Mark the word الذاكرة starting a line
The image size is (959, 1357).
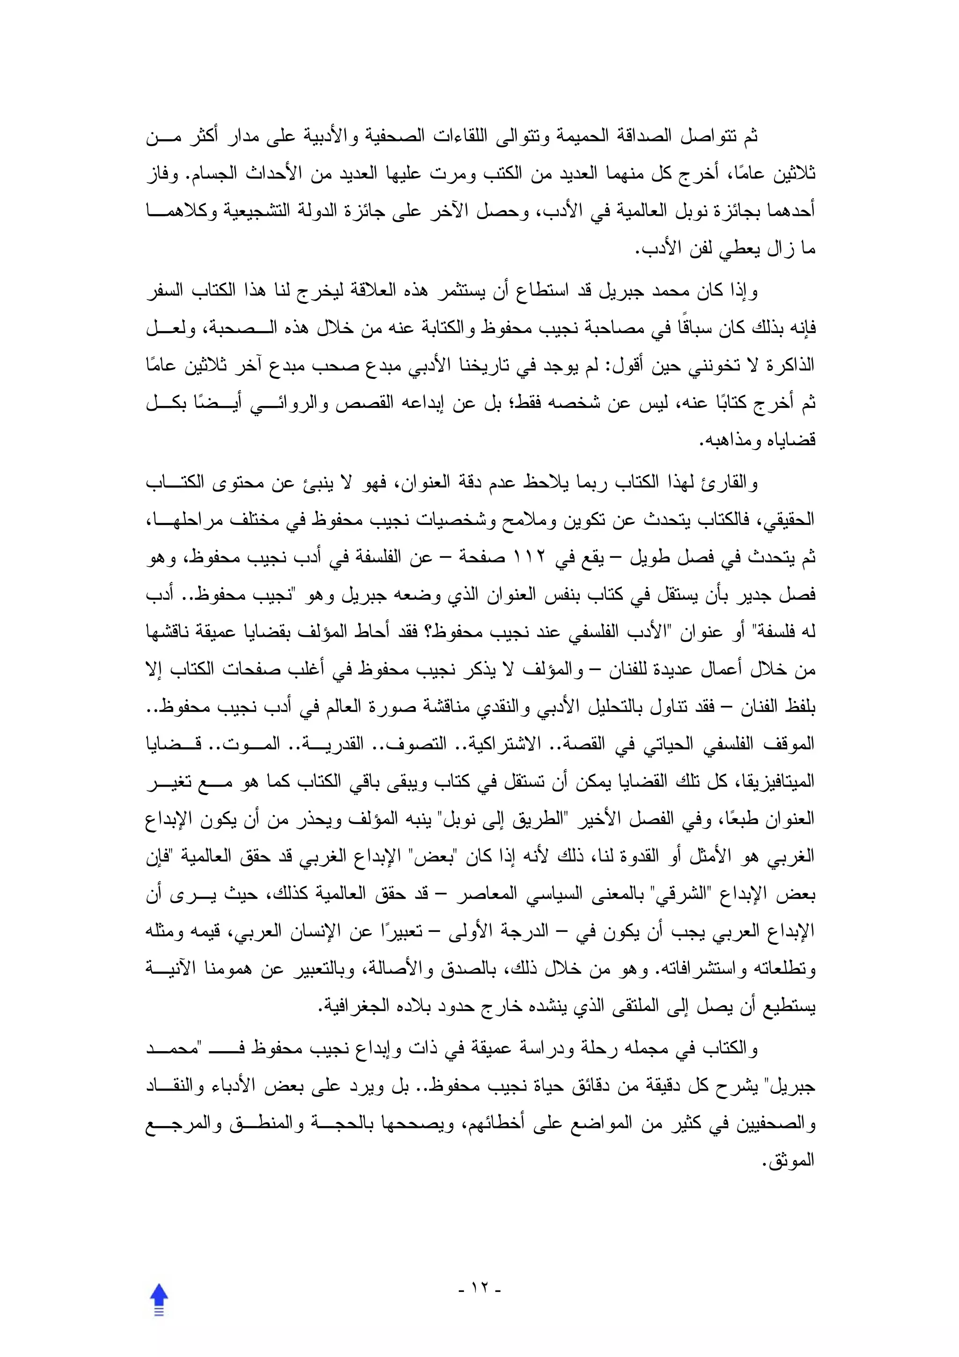click(x=792, y=365)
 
